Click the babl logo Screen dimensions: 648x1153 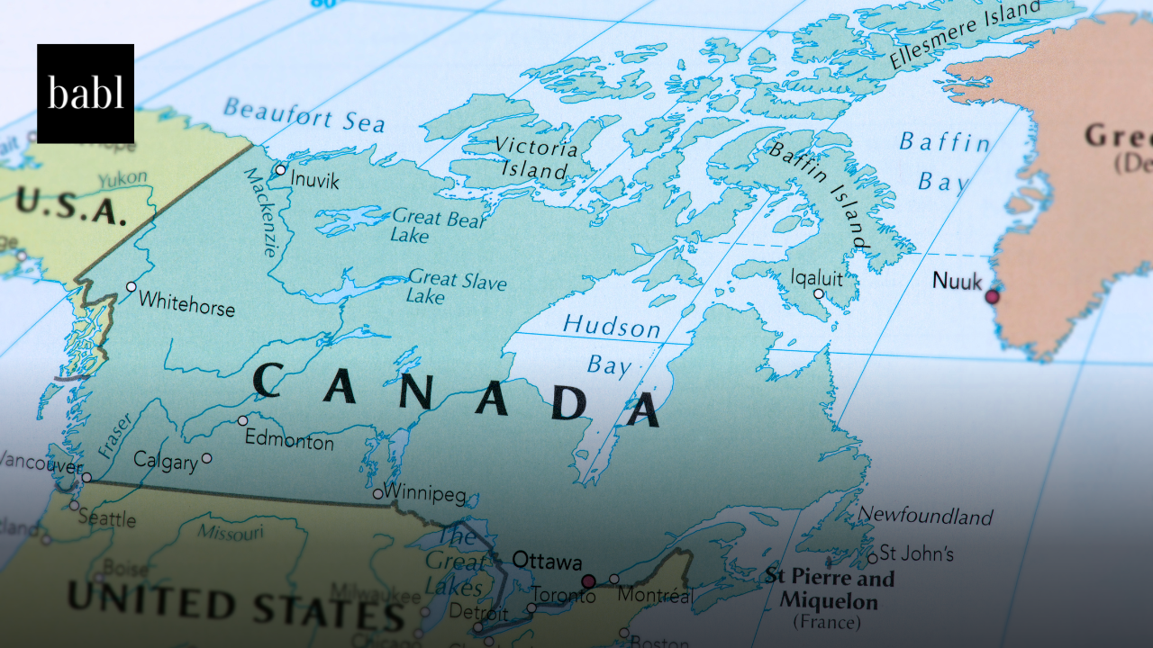[x=86, y=94]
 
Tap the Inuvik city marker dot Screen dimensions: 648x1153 [x=280, y=169]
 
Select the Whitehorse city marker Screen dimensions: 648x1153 [x=132, y=286]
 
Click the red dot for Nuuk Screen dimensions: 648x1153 [x=992, y=296]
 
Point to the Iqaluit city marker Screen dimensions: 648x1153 [x=819, y=293]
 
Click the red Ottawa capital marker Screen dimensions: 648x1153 [x=588, y=580]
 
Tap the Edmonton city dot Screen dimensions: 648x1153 [x=242, y=420]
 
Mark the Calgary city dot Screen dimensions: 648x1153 [x=207, y=458]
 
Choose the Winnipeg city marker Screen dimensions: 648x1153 [x=378, y=493]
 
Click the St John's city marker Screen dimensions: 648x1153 [x=872, y=558]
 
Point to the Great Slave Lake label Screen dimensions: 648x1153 [x=456, y=286]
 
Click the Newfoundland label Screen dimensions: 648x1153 [x=925, y=516]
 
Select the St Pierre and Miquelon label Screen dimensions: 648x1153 [x=829, y=589]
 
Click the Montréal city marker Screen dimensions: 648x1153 [x=614, y=579]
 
